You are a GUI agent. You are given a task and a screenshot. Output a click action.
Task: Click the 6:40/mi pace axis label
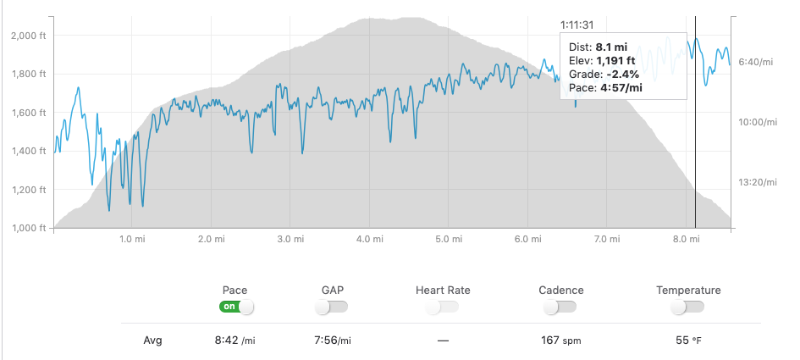(x=757, y=62)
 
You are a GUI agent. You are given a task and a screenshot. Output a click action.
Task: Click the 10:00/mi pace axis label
(x=757, y=122)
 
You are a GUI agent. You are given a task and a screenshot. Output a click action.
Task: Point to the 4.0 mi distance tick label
(x=368, y=240)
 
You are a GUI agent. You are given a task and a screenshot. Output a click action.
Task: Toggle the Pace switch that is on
(x=236, y=307)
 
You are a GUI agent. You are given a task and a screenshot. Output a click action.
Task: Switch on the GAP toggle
(x=332, y=307)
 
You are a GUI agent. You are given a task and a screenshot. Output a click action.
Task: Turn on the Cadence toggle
(x=561, y=307)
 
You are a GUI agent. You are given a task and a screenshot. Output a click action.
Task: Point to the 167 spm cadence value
(x=561, y=341)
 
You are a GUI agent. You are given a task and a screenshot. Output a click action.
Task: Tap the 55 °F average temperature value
(x=687, y=341)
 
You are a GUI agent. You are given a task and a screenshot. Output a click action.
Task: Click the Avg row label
(x=152, y=341)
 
